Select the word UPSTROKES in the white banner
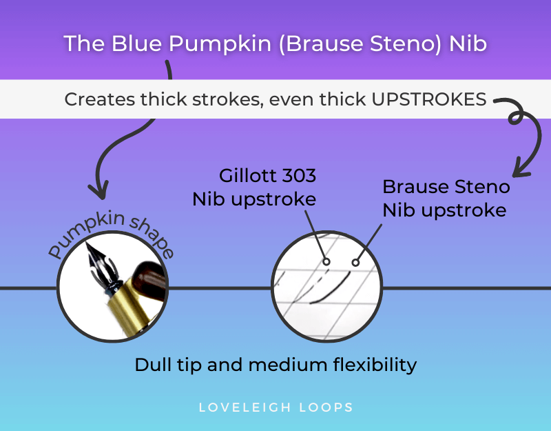[428, 99]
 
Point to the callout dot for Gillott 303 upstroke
[326, 261]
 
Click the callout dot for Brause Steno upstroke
[355, 262]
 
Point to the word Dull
[152, 363]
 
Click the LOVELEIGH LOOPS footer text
[275, 407]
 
